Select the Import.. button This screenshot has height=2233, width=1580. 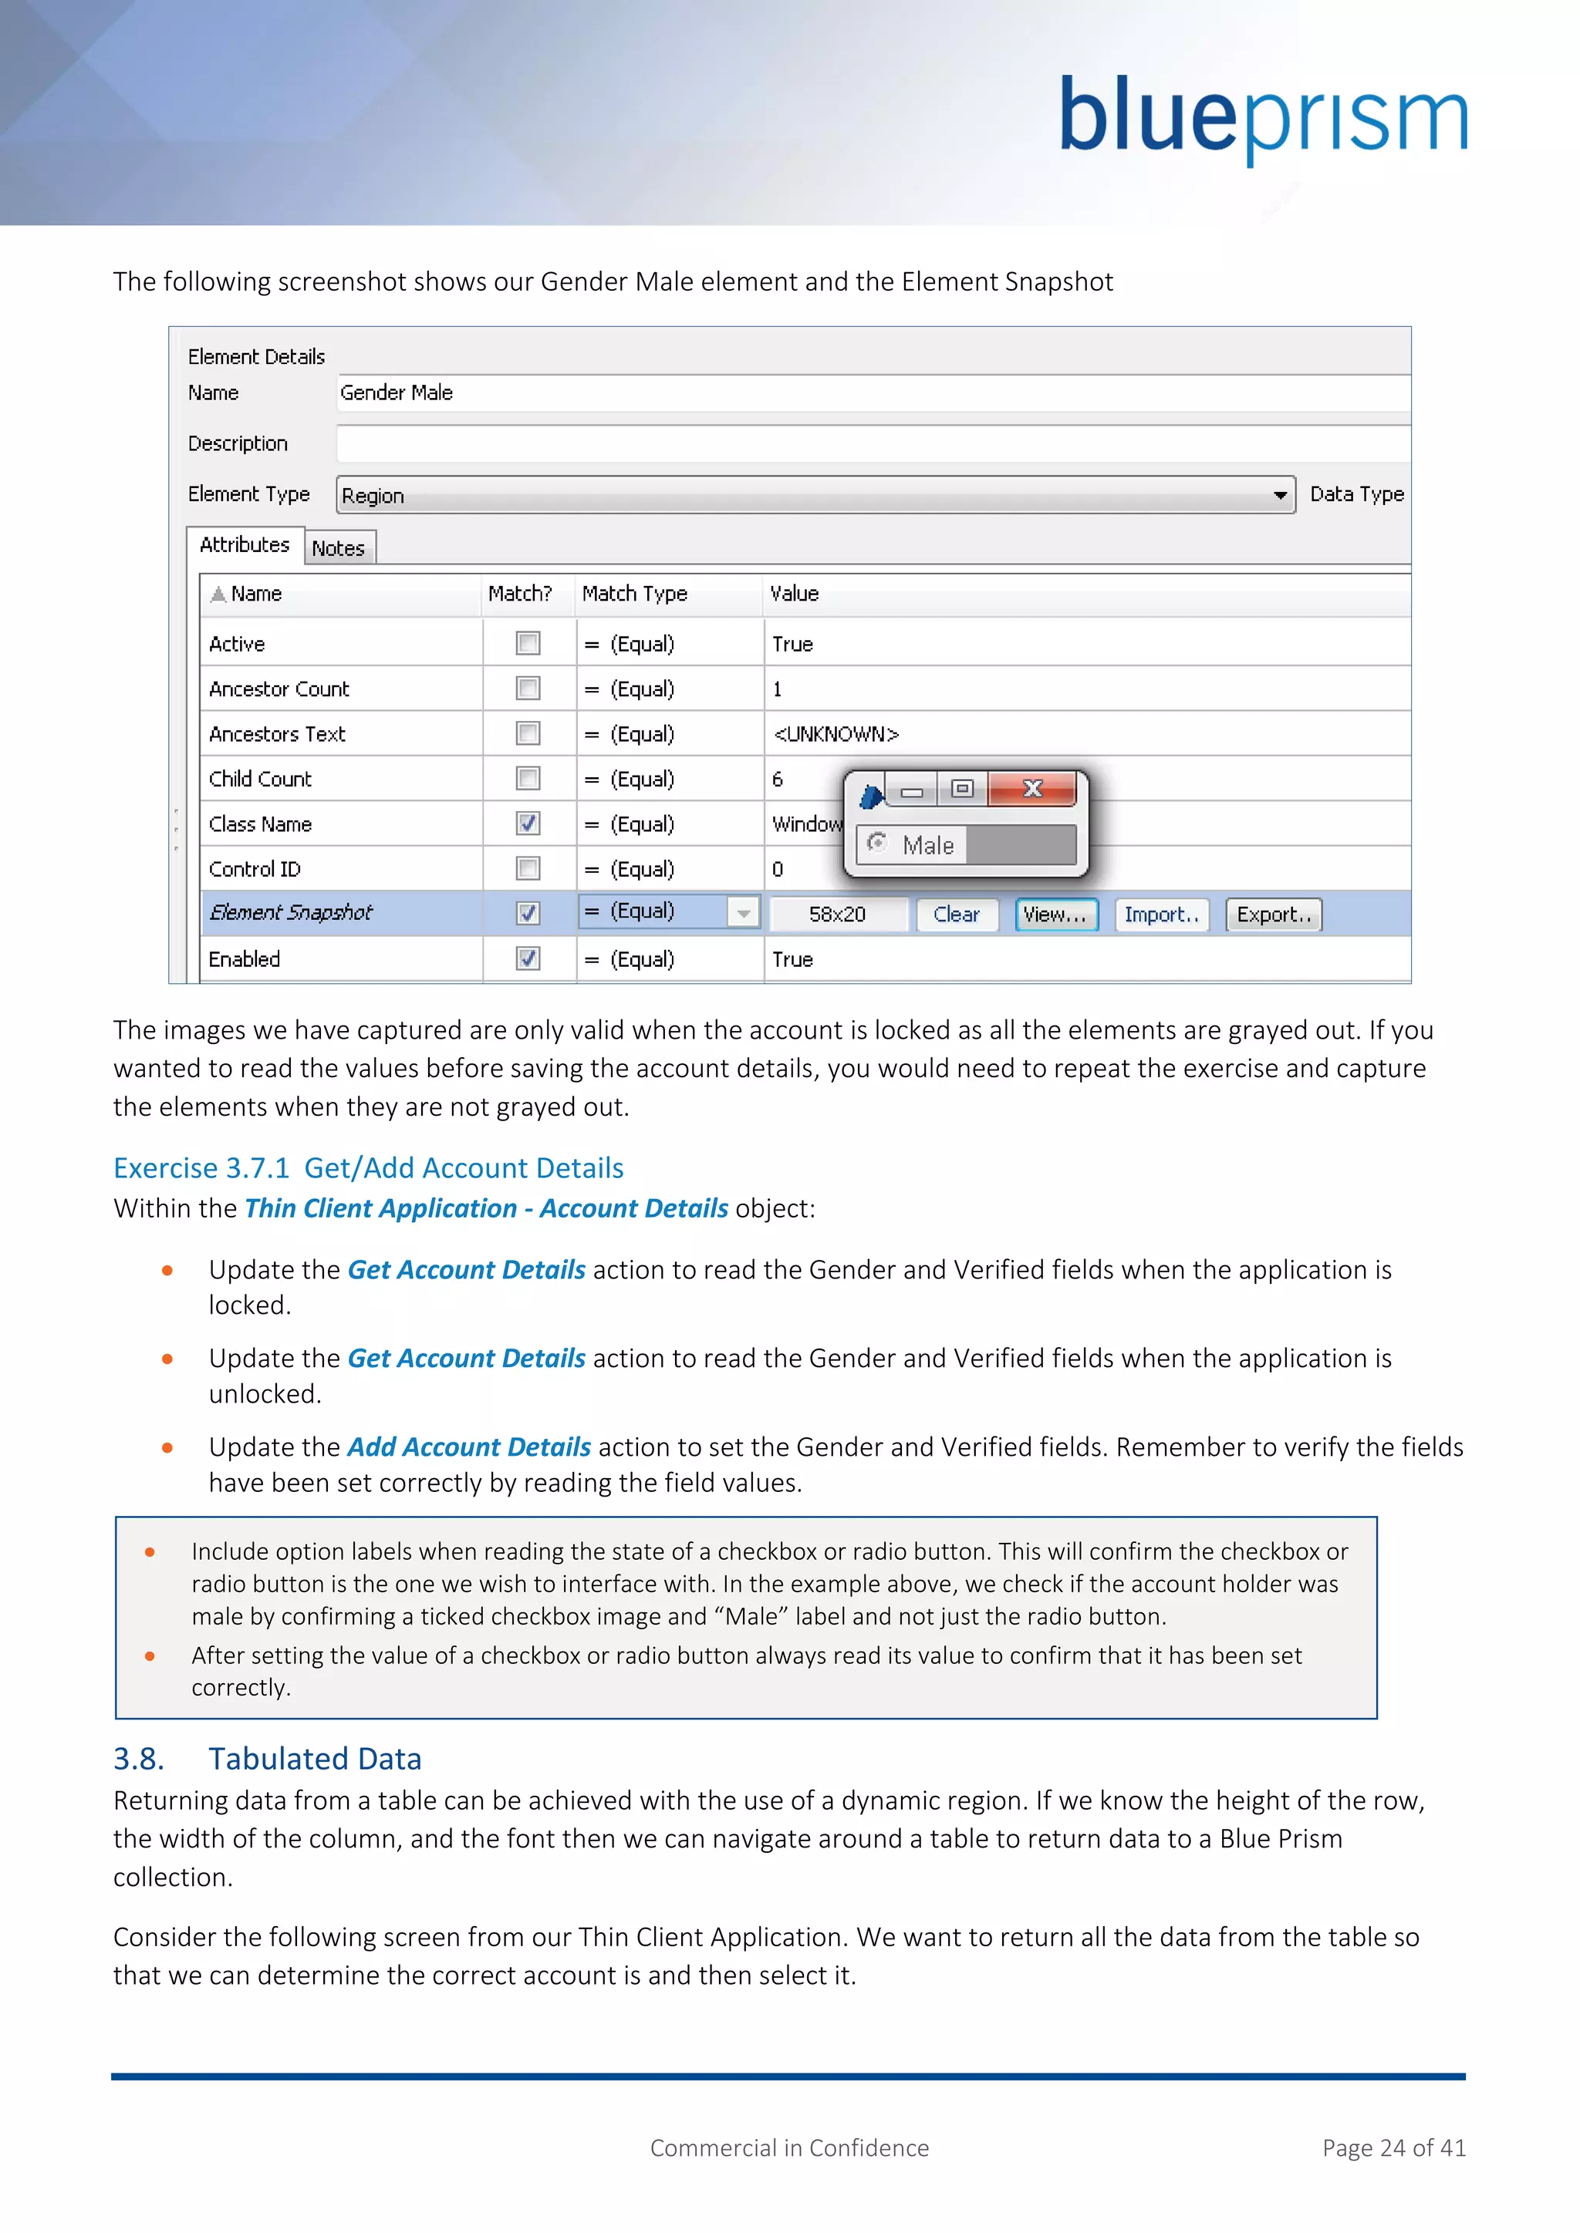[1160, 914]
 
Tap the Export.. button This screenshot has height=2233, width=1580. [1272, 914]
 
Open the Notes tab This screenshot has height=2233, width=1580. [339, 548]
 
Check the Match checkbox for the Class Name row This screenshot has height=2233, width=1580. [528, 823]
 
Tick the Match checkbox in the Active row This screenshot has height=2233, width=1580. [528, 643]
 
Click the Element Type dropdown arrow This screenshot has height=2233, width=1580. [1279, 495]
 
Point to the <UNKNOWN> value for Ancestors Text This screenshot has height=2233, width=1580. [836, 734]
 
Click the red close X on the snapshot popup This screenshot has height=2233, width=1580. [1032, 789]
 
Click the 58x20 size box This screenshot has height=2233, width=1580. [838, 914]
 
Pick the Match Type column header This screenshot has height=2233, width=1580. [634, 593]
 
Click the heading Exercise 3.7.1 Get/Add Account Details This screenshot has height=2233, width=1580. [368, 1168]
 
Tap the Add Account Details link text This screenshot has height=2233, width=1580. [469, 1447]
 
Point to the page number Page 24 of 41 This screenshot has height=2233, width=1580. [1393, 2147]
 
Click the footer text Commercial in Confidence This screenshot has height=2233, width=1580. [789, 2147]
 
